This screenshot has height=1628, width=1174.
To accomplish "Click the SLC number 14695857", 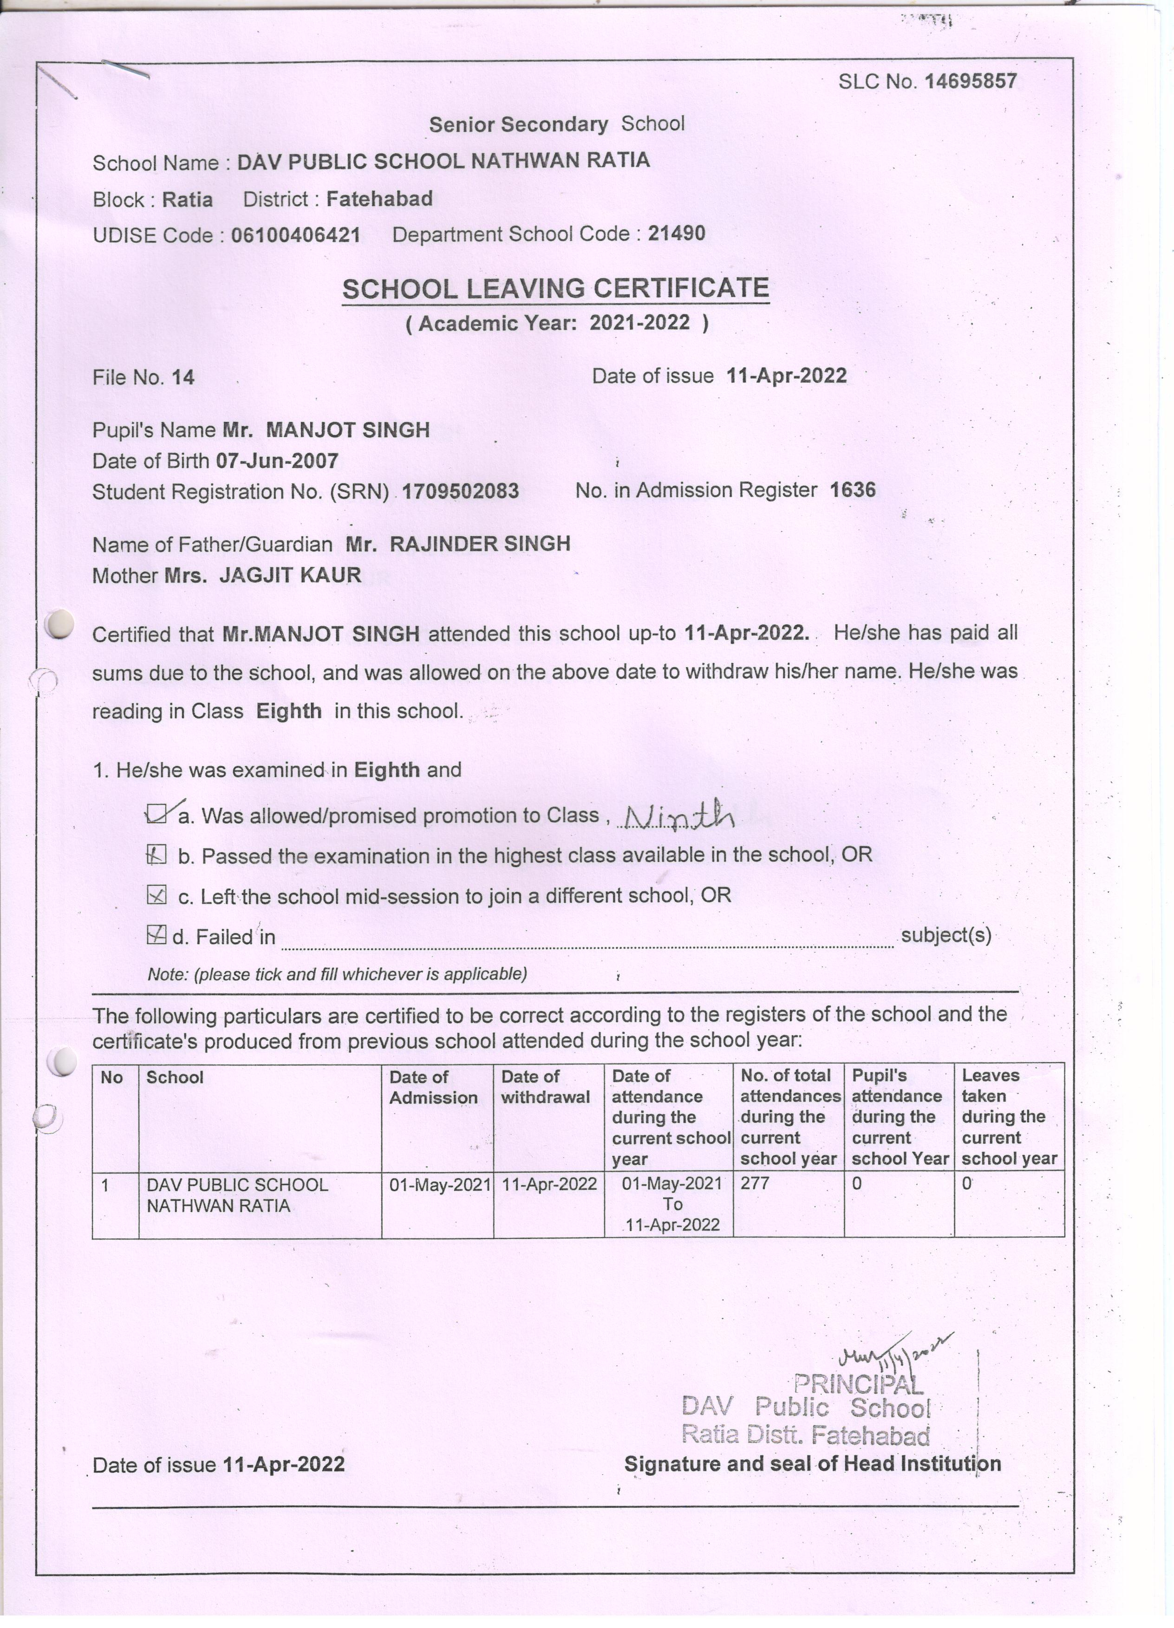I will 970,81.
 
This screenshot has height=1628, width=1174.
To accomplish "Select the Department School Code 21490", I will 676,233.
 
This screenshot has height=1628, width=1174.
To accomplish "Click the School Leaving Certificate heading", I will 555,289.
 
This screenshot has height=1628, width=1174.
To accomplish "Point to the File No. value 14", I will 183,377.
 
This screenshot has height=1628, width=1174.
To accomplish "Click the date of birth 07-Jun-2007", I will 277,461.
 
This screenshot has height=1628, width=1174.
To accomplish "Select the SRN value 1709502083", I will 460,492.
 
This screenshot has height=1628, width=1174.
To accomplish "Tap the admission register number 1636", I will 852,490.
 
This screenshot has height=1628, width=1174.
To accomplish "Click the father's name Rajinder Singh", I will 480,544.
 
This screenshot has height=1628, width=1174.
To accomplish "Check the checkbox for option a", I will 157,815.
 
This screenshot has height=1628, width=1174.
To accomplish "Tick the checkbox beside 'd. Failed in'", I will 156,934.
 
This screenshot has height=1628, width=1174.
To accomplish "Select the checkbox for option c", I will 156,895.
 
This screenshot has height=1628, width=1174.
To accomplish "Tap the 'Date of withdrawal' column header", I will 545,1087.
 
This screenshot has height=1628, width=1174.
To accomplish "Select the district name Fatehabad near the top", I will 379,199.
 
